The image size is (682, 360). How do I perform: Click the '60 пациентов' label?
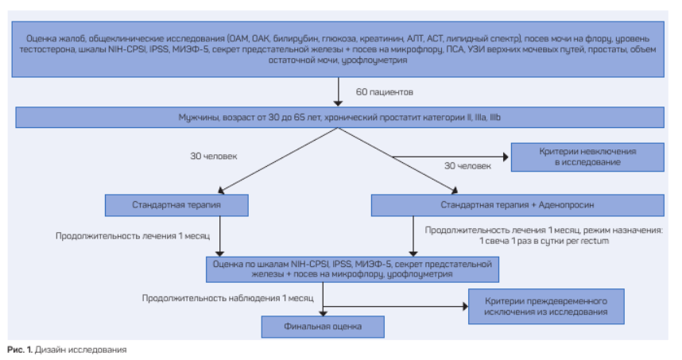click(385, 92)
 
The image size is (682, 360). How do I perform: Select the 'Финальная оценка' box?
click(323, 327)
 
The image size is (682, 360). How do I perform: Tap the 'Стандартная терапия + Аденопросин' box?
click(517, 205)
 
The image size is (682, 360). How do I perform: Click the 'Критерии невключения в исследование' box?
click(587, 157)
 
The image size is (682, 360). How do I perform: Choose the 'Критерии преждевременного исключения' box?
click(546, 307)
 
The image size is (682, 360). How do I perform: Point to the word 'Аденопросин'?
click(566, 205)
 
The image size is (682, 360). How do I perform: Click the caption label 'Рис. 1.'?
click(20, 350)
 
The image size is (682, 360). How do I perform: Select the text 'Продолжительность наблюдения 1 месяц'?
click(227, 298)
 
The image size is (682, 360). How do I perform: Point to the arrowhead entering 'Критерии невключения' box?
click(506, 157)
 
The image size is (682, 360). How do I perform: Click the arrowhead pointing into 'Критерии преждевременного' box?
click(465, 307)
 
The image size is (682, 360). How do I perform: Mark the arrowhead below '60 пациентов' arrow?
click(338, 103)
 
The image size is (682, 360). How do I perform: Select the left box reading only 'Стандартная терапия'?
click(176, 205)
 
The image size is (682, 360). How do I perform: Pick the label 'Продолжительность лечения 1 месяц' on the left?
click(133, 236)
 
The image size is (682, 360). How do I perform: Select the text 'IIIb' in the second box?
click(495, 118)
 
